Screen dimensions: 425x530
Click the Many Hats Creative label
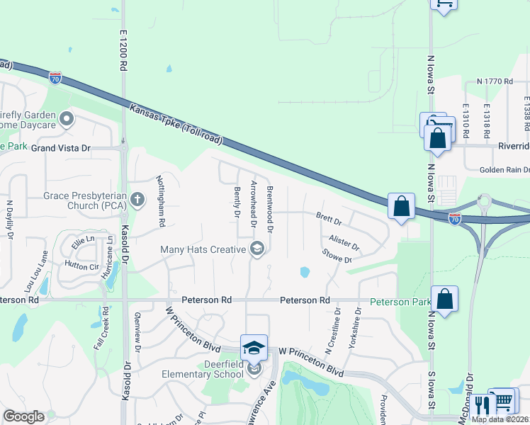pos(203,249)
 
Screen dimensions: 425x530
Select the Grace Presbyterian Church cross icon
pos(137,200)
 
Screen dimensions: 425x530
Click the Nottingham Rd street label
pos(161,201)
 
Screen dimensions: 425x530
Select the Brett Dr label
pos(328,220)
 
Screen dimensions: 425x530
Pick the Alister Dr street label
pos(344,242)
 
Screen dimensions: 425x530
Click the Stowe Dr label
pos(337,256)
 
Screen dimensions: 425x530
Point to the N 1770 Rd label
pos(495,82)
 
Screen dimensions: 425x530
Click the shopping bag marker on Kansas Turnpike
pos(401,207)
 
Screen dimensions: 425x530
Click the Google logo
pos(23,416)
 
